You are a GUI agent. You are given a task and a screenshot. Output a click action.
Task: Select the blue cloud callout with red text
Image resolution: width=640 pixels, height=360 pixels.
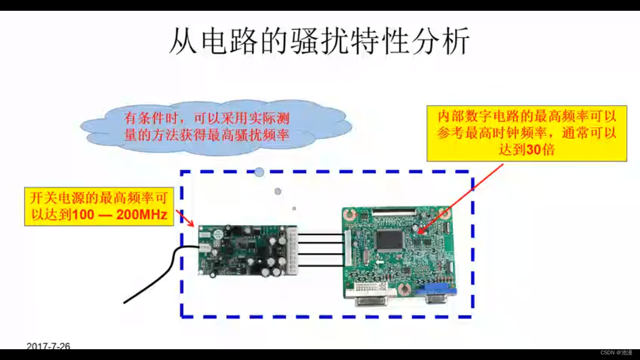click(x=216, y=125)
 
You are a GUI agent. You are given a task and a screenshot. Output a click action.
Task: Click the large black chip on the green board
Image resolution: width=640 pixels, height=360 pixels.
click(x=389, y=240)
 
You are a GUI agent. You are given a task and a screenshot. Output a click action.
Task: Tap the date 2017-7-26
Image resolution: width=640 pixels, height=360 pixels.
click(x=48, y=346)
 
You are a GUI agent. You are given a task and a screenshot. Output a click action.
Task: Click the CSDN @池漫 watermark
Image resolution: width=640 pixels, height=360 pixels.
click(x=616, y=352)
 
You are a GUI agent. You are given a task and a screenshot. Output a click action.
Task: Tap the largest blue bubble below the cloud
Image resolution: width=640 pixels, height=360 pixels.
click(x=259, y=172)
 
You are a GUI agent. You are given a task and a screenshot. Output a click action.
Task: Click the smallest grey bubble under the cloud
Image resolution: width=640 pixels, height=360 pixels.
click(x=294, y=208)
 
